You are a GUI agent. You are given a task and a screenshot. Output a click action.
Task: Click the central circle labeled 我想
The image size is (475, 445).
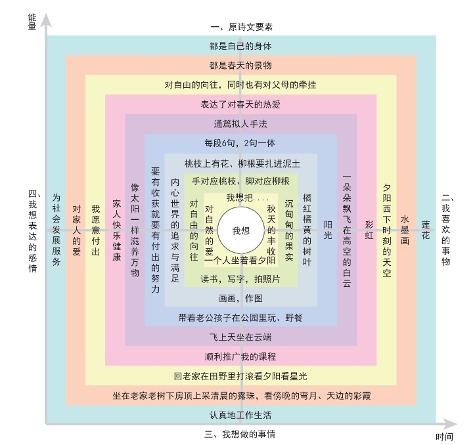pos(240,230)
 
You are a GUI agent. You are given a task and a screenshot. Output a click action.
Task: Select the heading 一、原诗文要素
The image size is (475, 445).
pos(241,27)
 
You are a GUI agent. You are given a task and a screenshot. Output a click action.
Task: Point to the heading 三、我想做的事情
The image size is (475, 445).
pos(240,434)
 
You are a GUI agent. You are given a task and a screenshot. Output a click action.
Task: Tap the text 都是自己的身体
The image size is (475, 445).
pos(240,46)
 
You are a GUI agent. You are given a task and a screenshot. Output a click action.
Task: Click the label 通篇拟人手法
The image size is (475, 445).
pos(240,123)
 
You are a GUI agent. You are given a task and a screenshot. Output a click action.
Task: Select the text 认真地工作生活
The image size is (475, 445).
pos(240,415)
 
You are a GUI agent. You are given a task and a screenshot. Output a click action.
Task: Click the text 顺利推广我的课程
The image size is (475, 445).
pos(240,356)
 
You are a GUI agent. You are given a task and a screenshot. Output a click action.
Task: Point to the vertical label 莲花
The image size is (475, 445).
pos(426,226)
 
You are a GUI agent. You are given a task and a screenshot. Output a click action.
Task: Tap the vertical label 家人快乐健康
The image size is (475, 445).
pos(116,230)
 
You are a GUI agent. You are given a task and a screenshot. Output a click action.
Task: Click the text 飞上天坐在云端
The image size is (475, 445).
pos(240,337)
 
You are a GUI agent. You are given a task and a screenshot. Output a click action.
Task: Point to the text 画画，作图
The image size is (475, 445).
pos(240,298)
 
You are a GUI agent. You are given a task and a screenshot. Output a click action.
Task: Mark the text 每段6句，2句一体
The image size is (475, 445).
pos(240,143)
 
